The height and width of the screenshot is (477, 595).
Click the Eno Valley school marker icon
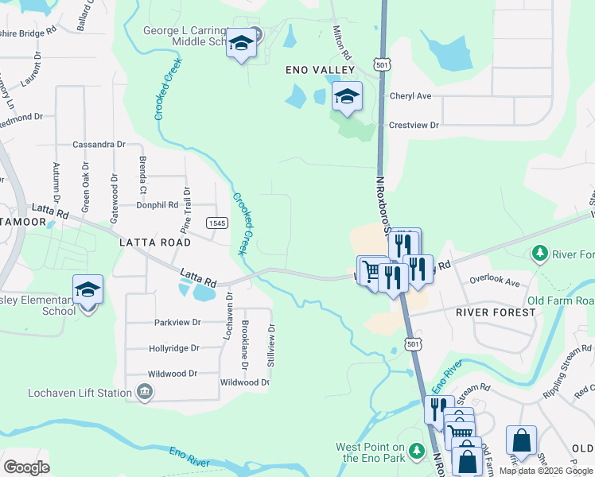(x=347, y=96)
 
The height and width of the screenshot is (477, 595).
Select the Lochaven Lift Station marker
(x=145, y=392)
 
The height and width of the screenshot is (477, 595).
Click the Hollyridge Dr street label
(x=173, y=348)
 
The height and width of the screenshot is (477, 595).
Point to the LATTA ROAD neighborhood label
(x=155, y=242)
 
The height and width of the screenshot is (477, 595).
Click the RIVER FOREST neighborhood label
(x=496, y=312)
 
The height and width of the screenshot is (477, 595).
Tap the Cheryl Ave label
(x=410, y=96)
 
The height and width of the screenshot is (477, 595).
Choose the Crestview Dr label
(x=414, y=125)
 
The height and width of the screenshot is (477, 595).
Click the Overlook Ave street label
(x=494, y=281)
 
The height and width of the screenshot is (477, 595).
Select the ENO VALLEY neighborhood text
(x=321, y=70)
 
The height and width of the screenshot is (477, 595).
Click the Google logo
(x=25, y=467)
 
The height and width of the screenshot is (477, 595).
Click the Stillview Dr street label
(x=272, y=343)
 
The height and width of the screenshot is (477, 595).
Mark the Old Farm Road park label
(x=561, y=301)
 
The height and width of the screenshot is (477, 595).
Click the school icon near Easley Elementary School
(x=87, y=289)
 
